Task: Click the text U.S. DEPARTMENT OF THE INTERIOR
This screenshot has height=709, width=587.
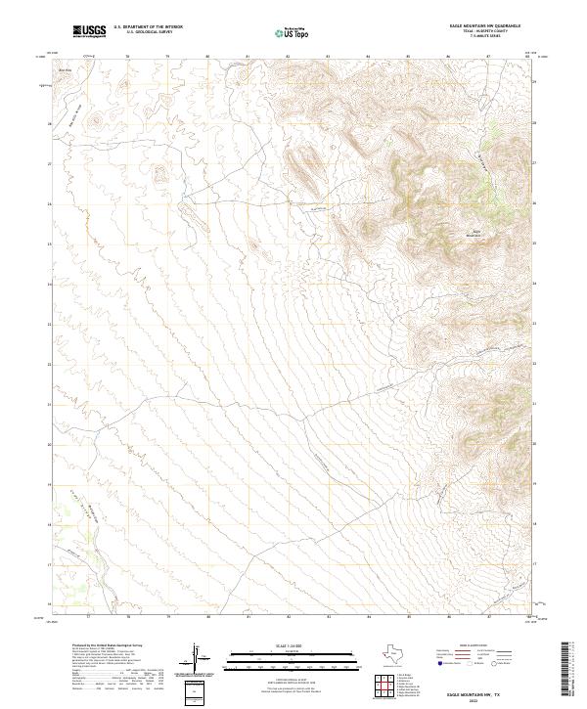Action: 148,27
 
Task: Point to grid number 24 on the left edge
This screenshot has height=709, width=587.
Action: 51,284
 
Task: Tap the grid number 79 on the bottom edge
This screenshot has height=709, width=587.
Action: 168,617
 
